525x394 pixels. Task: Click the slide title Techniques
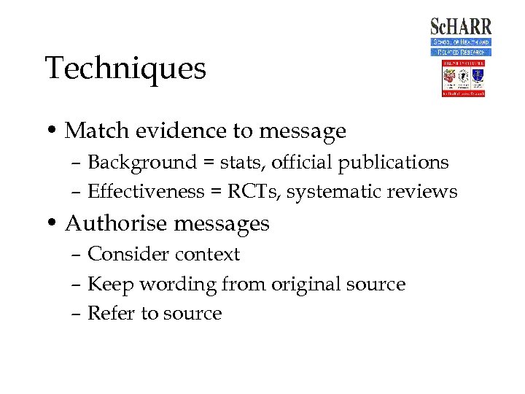click(x=125, y=69)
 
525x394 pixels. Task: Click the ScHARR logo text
click(x=461, y=27)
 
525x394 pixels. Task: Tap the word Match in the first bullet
click(x=89, y=131)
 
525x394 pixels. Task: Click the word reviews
click(x=422, y=191)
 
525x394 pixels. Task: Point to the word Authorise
click(x=117, y=223)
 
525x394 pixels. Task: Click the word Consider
click(x=125, y=254)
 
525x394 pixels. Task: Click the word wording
click(x=178, y=285)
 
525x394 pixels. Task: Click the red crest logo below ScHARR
click(x=462, y=79)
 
